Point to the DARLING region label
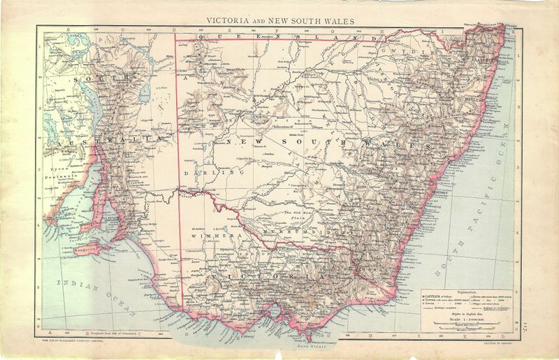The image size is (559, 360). coord(198,170)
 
